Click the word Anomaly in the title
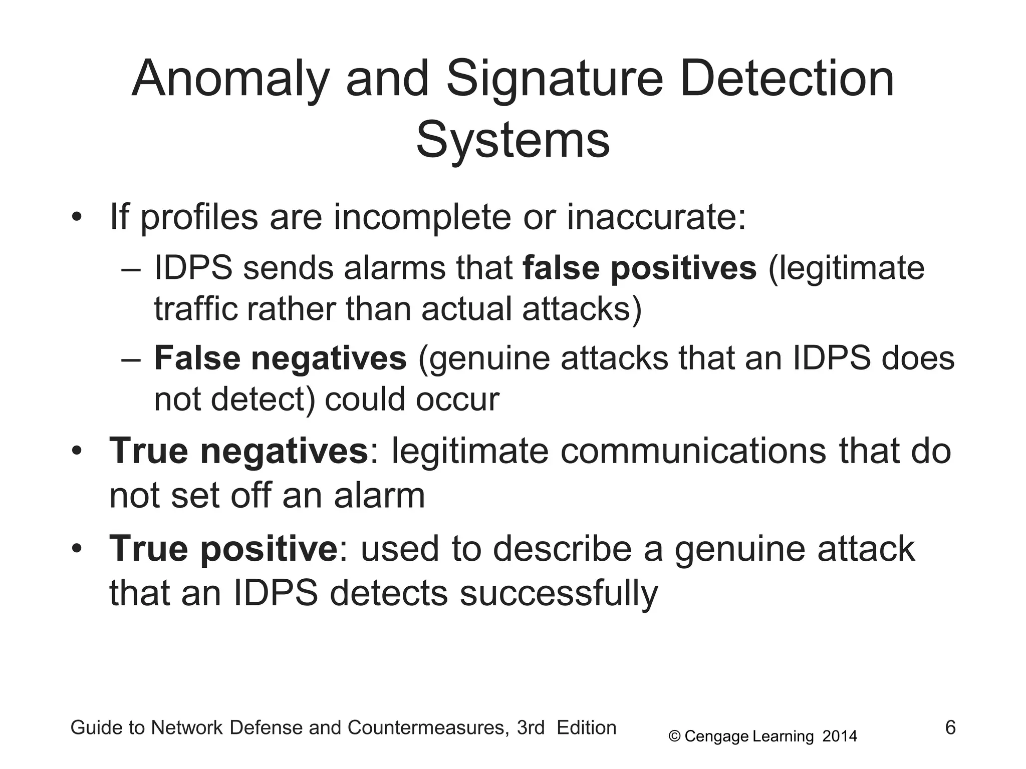click(230, 79)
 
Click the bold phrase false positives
click(639, 268)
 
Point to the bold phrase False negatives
click(280, 358)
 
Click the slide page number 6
click(950, 727)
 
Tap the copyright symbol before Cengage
click(675, 736)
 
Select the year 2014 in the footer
click(840, 736)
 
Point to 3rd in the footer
click(531, 728)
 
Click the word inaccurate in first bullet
click(656, 217)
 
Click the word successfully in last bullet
click(559, 594)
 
